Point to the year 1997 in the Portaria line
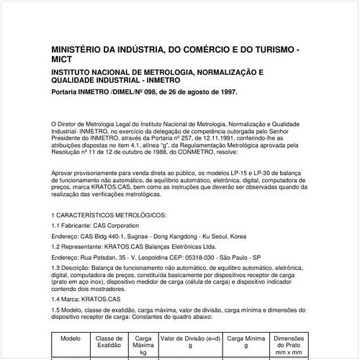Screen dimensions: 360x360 point(223,93)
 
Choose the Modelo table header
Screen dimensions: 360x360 point(70,338)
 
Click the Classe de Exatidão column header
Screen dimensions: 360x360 point(110,341)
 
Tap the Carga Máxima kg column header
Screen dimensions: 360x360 point(143,345)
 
